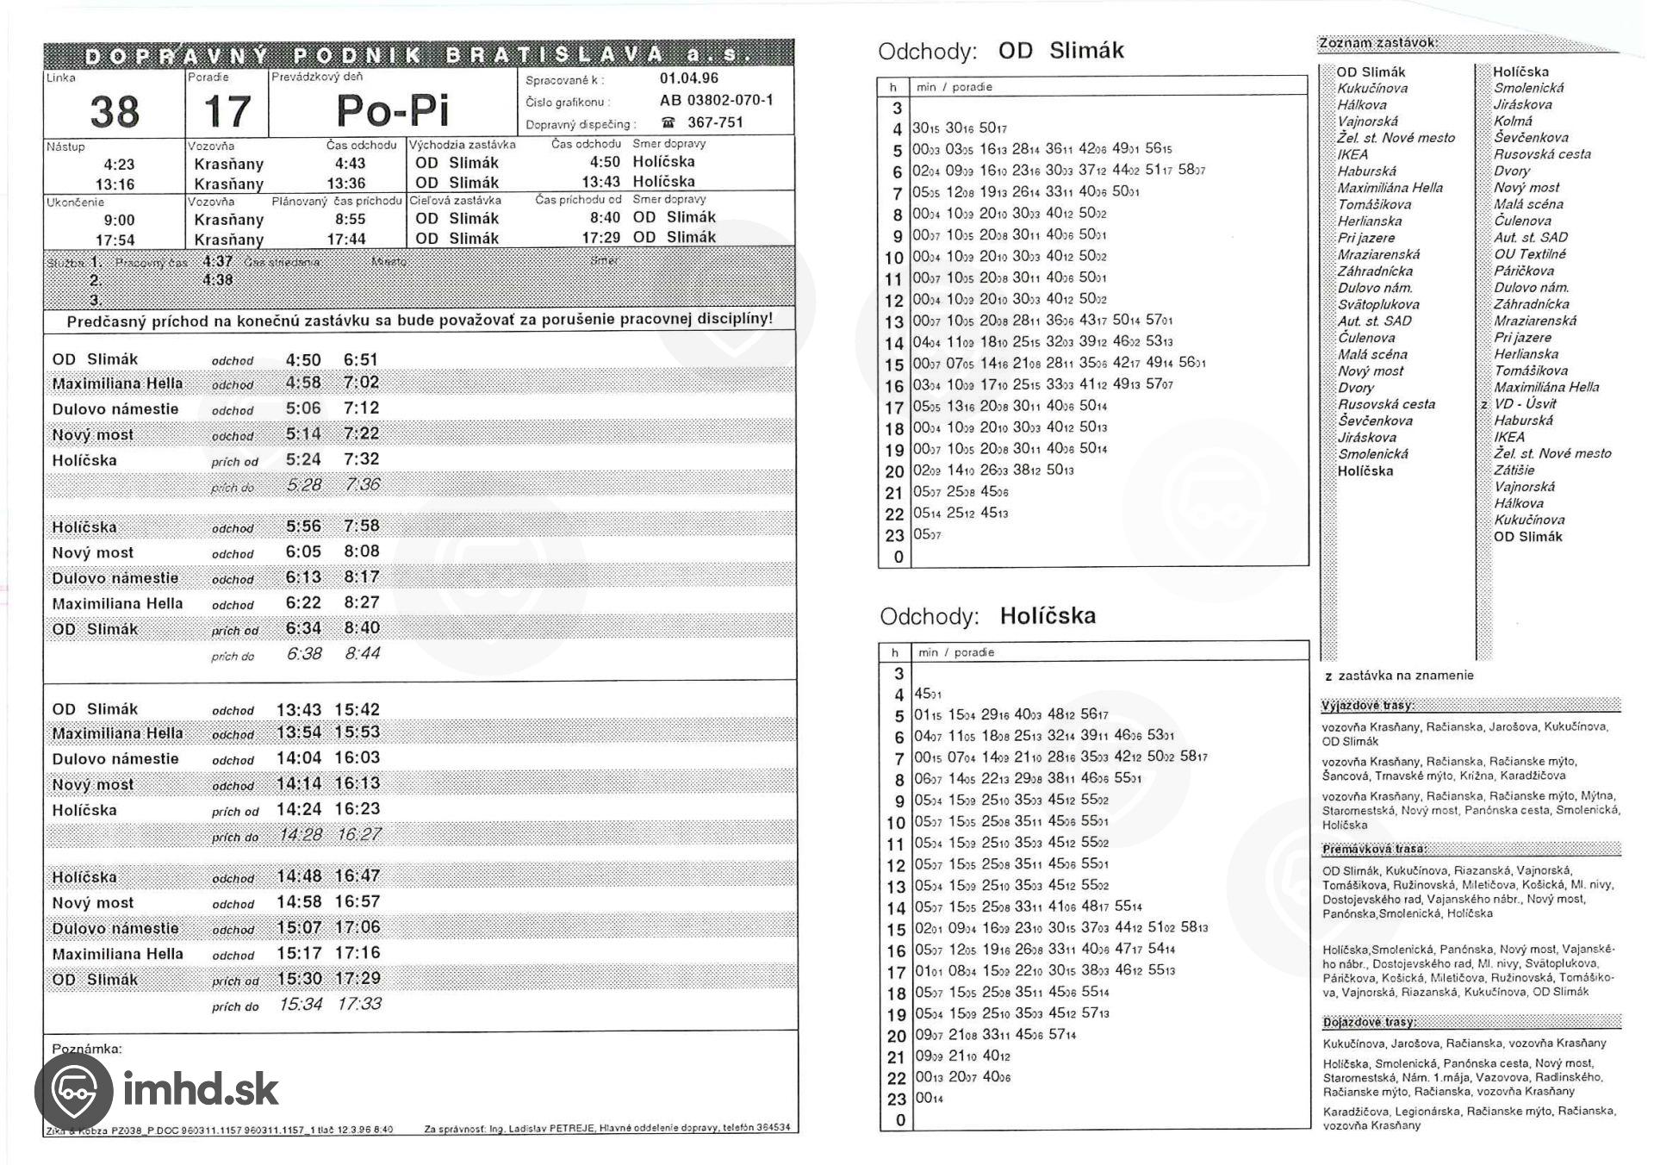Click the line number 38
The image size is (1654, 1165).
115,112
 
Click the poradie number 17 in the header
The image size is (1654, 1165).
227,112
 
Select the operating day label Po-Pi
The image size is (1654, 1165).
392,110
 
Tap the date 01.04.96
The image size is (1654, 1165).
689,78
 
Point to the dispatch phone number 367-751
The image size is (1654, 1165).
715,122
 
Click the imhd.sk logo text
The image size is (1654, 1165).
200,1089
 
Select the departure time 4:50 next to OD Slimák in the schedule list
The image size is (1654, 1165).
303,360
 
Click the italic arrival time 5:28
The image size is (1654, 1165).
303,485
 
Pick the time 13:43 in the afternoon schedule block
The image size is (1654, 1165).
298,710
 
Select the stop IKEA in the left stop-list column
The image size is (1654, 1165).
1352,154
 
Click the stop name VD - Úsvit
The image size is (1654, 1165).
1525,404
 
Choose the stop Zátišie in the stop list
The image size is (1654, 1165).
1514,470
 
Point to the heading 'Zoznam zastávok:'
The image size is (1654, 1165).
1377,43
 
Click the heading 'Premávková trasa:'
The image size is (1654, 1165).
1374,849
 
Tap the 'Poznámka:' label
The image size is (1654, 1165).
87,1050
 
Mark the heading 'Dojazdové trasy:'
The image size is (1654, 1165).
1369,1022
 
